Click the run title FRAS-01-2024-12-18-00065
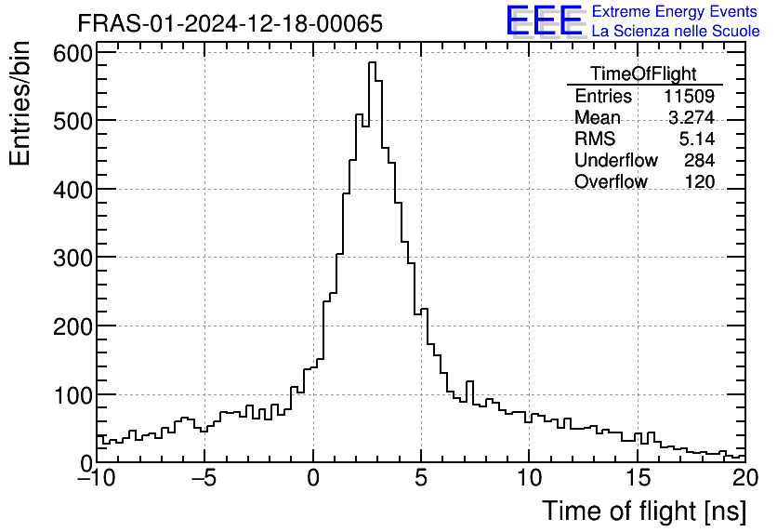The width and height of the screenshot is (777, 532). [230, 23]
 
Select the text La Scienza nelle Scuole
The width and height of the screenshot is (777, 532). [676, 32]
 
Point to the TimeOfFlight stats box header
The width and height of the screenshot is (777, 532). [643, 74]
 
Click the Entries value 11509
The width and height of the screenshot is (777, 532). [689, 97]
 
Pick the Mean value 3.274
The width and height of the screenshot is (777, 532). [691, 118]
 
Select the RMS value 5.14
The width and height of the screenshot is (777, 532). [696, 140]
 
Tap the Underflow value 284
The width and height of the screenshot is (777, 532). [699, 161]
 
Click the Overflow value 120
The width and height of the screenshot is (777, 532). [699, 182]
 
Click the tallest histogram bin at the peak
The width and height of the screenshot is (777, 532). [372, 65]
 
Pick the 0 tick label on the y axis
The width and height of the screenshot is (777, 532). [84, 462]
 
